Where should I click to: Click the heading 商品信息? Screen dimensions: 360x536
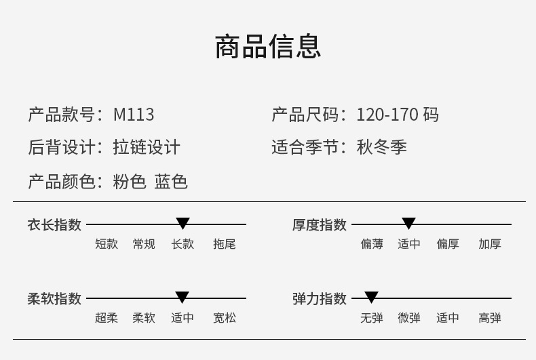[268, 47]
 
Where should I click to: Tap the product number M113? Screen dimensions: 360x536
[134, 115]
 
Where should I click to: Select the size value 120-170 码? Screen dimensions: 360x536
[398, 115]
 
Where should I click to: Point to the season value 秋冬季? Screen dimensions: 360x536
[382, 147]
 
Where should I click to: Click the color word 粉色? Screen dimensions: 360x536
[130, 182]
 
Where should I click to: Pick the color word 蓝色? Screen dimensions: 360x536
[171, 182]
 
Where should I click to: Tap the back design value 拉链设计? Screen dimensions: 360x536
[147, 147]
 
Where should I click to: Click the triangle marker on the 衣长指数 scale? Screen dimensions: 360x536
[183, 223]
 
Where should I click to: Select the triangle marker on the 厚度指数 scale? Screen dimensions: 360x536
[408, 223]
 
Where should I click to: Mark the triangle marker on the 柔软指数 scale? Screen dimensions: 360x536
[182, 297]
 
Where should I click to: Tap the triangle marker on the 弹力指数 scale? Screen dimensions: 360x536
[371, 297]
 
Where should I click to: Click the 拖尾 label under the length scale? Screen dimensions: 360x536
[225, 244]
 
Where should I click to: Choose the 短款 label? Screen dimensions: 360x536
[107, 244]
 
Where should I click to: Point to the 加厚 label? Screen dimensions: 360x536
[490, 244]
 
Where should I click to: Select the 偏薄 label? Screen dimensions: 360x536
[372, 244]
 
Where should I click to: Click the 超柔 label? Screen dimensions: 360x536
[107, 317]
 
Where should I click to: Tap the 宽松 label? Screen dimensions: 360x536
[225, 317]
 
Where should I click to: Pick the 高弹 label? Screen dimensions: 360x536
[490, 317]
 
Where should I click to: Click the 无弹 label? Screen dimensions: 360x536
[372, 317]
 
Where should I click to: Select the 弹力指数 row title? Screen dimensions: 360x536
[320, 298]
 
